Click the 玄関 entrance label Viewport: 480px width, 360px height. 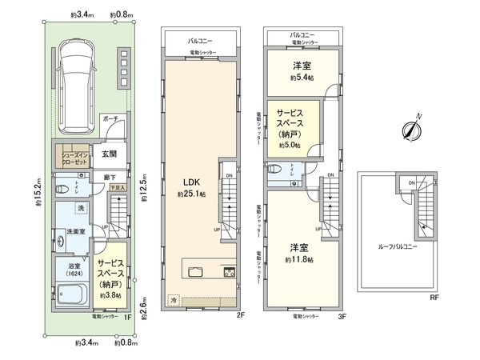(109, 154)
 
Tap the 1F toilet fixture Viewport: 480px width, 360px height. (63, 190)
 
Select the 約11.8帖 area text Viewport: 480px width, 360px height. (299, 260)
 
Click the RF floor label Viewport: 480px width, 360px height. (434, 297)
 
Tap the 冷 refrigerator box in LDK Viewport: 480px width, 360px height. (174, 301)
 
